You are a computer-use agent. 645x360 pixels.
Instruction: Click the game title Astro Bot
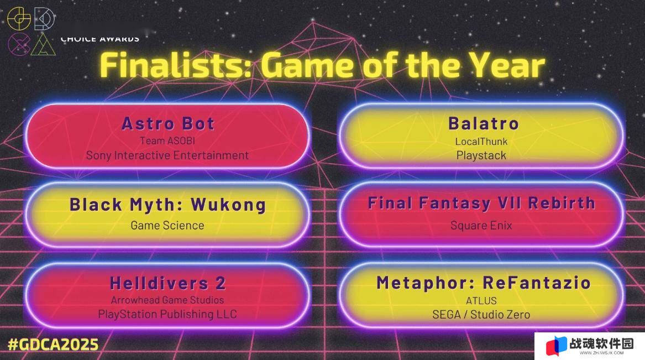point(168,123)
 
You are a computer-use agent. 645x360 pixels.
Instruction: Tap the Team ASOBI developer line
point(167,140)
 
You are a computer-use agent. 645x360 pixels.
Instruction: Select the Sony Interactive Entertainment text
point(167,155)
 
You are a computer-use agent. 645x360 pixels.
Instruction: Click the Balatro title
point(484,123)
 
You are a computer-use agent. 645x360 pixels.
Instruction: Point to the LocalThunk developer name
point(481,142)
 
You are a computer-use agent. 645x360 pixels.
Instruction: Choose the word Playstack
point(481,155)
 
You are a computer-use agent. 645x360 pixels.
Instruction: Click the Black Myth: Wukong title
point(167,205)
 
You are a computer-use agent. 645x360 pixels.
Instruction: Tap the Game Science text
point(167,226)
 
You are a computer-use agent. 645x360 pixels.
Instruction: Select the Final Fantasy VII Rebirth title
point(481,204)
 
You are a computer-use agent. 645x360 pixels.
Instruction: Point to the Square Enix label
point(481,226)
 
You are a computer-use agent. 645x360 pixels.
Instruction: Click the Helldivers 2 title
point(168,283)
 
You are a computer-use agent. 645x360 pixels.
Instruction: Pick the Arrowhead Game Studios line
point(167,300)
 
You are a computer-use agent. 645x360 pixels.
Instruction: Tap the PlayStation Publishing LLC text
point(167,314)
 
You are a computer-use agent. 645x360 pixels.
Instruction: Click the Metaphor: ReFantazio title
point(484,283)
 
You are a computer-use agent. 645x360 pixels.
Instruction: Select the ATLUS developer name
point(481,301)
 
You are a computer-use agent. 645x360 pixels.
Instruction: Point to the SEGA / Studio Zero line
point(481,315)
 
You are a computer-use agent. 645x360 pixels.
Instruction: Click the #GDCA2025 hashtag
point(54,345)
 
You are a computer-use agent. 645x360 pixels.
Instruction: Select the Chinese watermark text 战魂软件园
point(601,343)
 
